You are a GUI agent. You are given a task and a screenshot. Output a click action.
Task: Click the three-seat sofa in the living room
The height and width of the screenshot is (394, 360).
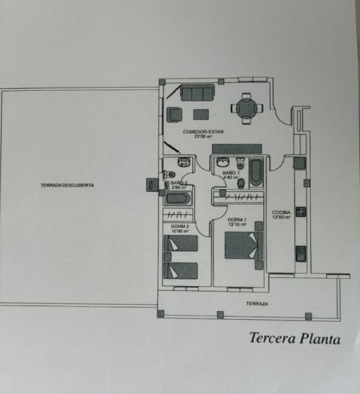(x=197, y=93)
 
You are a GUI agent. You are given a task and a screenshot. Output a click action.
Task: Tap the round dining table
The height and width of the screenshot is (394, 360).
(x=247, y=109)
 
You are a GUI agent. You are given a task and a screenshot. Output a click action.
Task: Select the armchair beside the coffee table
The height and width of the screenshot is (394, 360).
(x=175, y=114)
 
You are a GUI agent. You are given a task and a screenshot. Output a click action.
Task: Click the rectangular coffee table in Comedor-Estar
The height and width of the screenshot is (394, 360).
(x=201, y=114)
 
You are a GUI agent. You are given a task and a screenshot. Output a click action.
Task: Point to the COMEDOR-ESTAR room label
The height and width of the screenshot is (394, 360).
(x=204, y=132)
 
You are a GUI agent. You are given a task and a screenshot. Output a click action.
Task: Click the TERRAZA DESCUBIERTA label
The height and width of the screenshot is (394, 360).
(x=67, y=185)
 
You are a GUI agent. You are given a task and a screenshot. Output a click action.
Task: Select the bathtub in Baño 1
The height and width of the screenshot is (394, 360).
(x=256, y=172)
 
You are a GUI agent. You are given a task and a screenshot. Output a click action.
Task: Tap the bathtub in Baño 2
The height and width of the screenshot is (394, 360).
(x=179, y=198)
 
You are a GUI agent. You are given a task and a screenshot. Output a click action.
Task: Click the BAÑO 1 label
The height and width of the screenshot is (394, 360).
(x=230, y=173)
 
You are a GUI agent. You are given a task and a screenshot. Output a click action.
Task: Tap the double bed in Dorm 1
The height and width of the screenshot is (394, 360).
(x=244, y=245)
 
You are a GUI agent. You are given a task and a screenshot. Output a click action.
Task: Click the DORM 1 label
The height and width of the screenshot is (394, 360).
(x=236, y=221)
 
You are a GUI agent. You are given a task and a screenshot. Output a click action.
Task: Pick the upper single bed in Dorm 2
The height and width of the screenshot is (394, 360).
(x=181, y=243)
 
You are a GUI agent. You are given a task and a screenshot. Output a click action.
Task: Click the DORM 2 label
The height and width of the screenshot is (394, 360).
(x=179, y=226)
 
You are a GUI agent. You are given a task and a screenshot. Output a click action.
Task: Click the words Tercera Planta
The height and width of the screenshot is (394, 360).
(x=294, y=340)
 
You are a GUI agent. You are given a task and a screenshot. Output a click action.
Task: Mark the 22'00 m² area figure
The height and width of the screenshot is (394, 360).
(x=204, y=137)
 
